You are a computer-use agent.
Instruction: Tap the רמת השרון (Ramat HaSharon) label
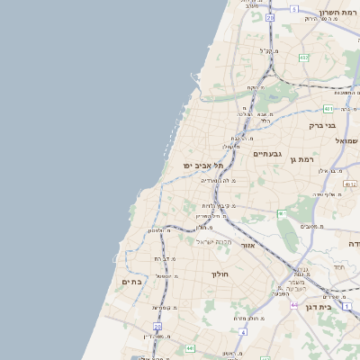[338, 13]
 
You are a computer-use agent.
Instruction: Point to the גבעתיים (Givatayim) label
[268, 154]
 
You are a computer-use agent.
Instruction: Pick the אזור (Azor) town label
[249, 244]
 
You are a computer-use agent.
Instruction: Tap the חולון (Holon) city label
[220, 274]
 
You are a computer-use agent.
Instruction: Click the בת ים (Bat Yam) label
[132, 282]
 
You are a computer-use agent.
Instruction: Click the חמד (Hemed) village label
[338, 267]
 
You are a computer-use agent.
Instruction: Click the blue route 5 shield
[293, 9]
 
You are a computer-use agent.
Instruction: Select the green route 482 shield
[303, 58]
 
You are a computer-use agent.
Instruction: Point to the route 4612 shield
[350, 184]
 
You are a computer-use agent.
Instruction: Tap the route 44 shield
[293, 305]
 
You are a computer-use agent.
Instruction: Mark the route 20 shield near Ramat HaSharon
[270, 17]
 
